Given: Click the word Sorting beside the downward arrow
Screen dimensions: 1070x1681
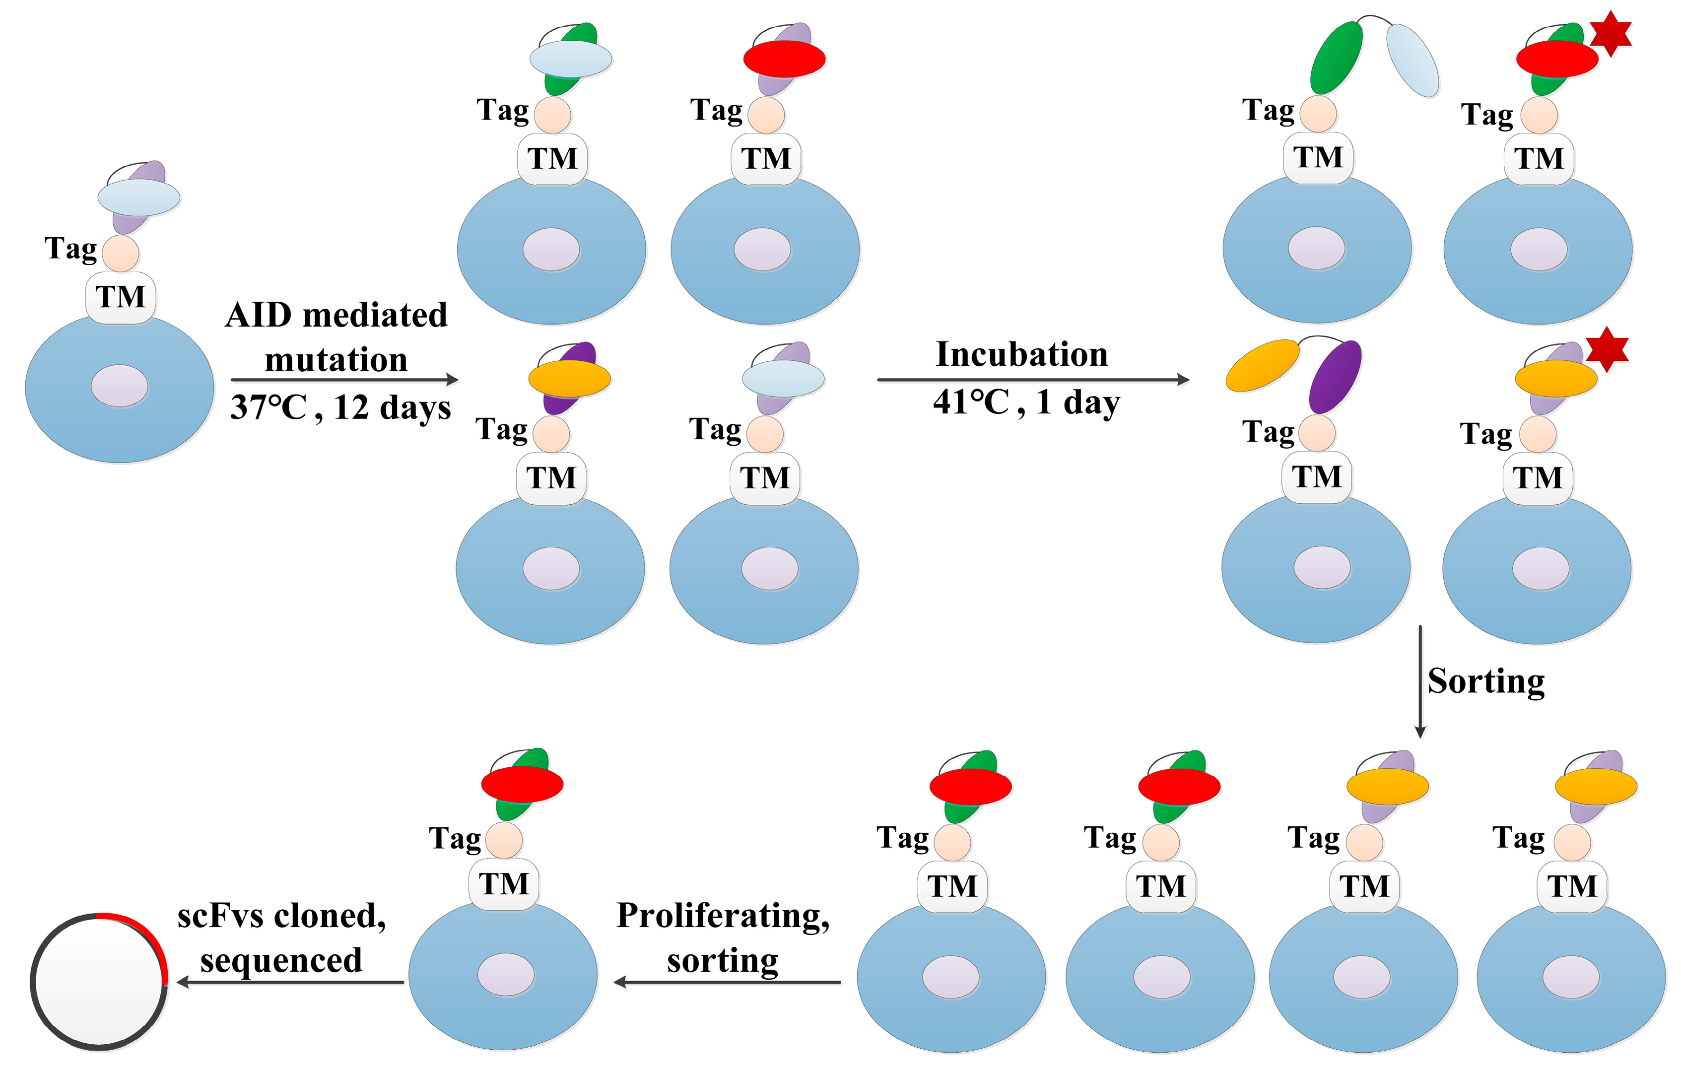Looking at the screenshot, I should point(1485,681).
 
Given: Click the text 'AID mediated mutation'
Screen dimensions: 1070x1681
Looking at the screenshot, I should point(336,337).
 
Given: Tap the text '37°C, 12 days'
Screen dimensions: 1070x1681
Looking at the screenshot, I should point(340,407).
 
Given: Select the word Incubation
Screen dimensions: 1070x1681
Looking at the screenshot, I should point(1021,354).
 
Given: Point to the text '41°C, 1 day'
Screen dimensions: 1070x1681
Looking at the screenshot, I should point(1026,402).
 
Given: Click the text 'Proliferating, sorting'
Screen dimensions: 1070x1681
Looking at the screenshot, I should point(723,937).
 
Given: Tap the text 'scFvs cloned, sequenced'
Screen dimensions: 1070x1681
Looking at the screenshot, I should point(281,937).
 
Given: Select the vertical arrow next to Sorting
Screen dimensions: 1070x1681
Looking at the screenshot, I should point(1419,680).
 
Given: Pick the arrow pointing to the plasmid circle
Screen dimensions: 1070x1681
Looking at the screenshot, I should point(290,982).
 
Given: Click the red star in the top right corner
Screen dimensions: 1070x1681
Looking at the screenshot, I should point(1610,34).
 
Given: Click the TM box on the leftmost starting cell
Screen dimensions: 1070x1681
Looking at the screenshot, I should point(121,297).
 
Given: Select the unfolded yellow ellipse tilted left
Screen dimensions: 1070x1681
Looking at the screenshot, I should point(1262,365).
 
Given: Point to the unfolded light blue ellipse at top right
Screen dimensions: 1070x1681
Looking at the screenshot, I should point(1412,60).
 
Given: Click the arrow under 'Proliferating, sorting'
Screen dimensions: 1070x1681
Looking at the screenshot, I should point(727,982).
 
